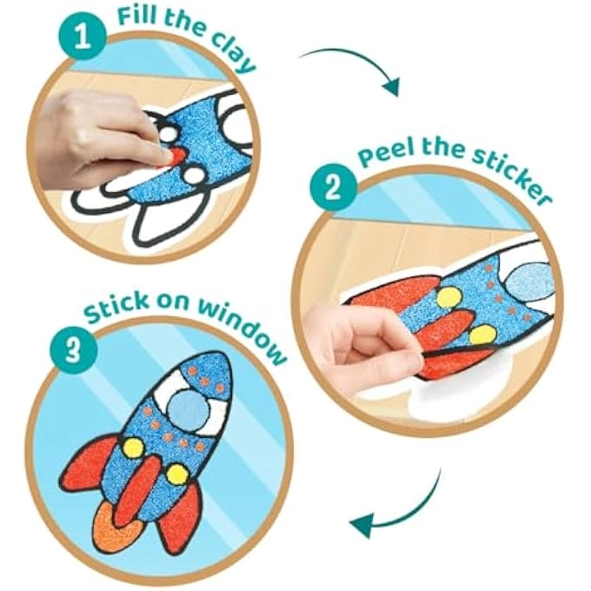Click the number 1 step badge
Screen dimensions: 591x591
(83, 37)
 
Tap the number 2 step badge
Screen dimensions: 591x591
(333, 188)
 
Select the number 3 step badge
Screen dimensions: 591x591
(74, 349)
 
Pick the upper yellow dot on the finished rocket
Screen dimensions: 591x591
(133, 448)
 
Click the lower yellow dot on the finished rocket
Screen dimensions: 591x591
(176, 475)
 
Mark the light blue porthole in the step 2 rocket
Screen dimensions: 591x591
(525, 280)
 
